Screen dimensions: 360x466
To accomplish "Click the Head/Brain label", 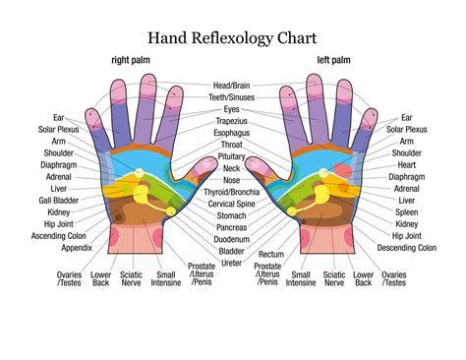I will tap(233, 86).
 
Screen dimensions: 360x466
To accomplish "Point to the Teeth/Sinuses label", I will tap(233, 97).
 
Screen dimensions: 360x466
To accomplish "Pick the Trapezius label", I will tap(232, 121).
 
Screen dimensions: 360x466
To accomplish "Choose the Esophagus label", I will tap(232, 133).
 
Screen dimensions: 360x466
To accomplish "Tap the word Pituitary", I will tap(232, 156).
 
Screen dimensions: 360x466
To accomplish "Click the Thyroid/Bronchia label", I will tap(233, 191).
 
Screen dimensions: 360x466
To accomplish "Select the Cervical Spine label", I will tap(233, 203).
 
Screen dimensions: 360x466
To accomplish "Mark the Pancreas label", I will tap(232, 226).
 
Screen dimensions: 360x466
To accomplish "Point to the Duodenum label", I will tap(232, 238).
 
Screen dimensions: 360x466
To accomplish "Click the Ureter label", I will tap(232, 263).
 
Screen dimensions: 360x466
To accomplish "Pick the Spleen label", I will tap(405, 211).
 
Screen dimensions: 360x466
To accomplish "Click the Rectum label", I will tap(270, 254).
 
